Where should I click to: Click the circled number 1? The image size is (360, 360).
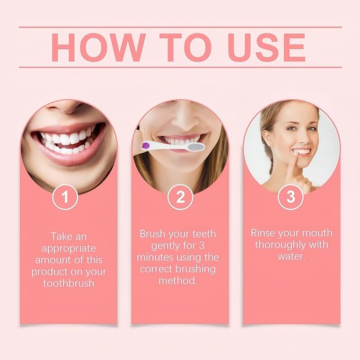[65, 197]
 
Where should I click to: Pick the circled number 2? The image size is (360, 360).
[180, 197]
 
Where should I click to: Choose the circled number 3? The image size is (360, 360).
[291, 197]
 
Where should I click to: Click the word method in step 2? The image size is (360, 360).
[179, 280]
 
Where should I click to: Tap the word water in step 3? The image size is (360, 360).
[291, 256]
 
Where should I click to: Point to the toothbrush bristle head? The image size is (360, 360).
[195, 146]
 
